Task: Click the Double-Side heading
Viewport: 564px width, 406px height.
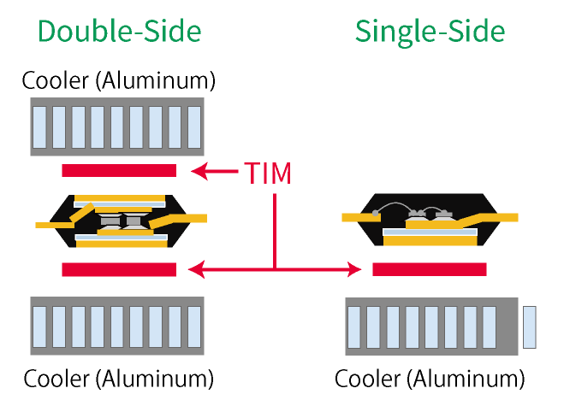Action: pyautogui.click(x=119, y=32)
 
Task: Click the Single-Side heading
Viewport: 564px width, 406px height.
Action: pyautogui.click(x=430, y=32)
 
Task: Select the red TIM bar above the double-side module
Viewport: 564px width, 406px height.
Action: pyautogui.click(x=119, y=170)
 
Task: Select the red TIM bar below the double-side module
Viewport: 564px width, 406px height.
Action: pyautogui.click(x=119, y=269)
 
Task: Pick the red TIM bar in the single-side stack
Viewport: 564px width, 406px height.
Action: pyautogui.click(x=430, y=269)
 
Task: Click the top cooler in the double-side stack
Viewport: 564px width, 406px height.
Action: pyautogui.click(x=117, y=127)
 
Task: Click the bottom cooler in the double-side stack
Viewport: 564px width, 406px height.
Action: pyautogui.click(x=117, y=326)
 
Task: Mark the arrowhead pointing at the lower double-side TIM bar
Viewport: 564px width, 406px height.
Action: pyautogui.click(x=196, y=270)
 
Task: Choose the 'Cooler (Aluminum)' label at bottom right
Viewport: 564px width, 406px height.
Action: pyautogui.click(x=429, y=379)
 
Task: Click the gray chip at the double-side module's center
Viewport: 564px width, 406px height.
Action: pyautogui.click(x=119, y=221)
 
